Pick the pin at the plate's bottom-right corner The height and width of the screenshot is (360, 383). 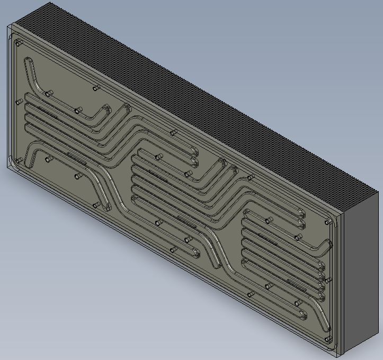pos(328,339)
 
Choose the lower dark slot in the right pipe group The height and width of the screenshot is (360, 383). pos(297,286)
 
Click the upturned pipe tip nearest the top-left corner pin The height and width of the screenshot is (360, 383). pos(28,62)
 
